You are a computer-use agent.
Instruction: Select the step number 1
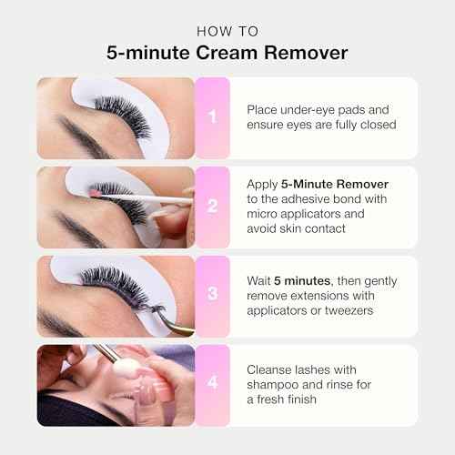click(212, 117)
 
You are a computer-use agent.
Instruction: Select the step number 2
click(212, 207)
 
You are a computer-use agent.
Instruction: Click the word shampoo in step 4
click(278, 385)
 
